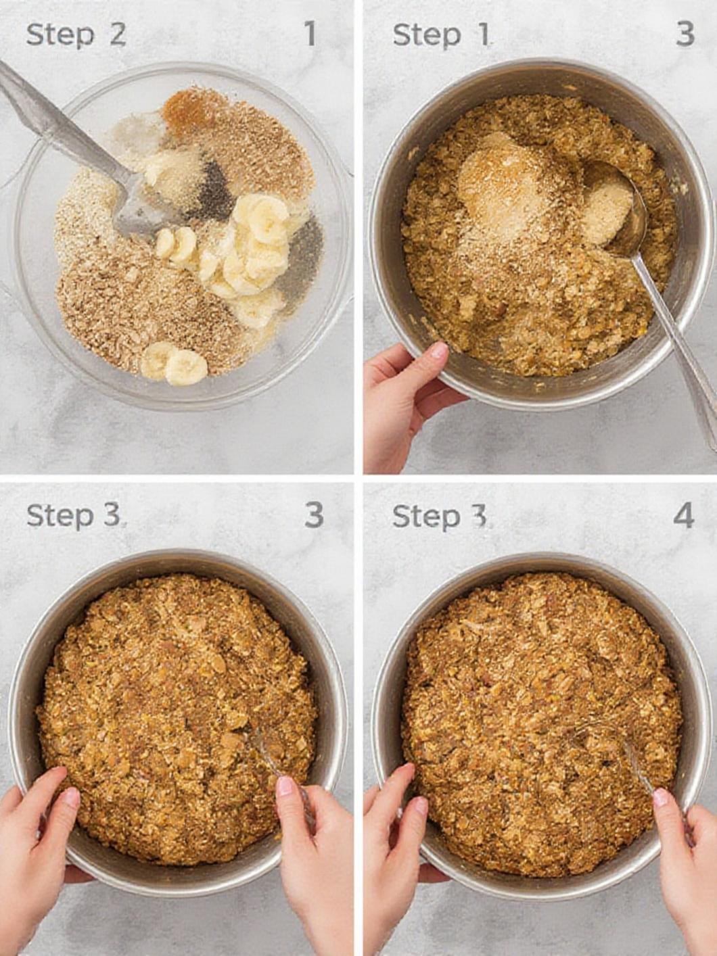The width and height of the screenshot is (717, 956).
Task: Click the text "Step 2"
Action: pos(76,35)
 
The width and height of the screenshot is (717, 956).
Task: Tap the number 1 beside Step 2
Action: pos(310,34)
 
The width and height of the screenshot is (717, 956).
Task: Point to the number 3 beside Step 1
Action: pos(685,34)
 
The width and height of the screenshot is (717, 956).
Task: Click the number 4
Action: pos(683,516)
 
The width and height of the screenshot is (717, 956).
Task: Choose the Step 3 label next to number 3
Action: pos(73,517)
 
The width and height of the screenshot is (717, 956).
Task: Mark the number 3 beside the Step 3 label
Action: pos(314,516)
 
